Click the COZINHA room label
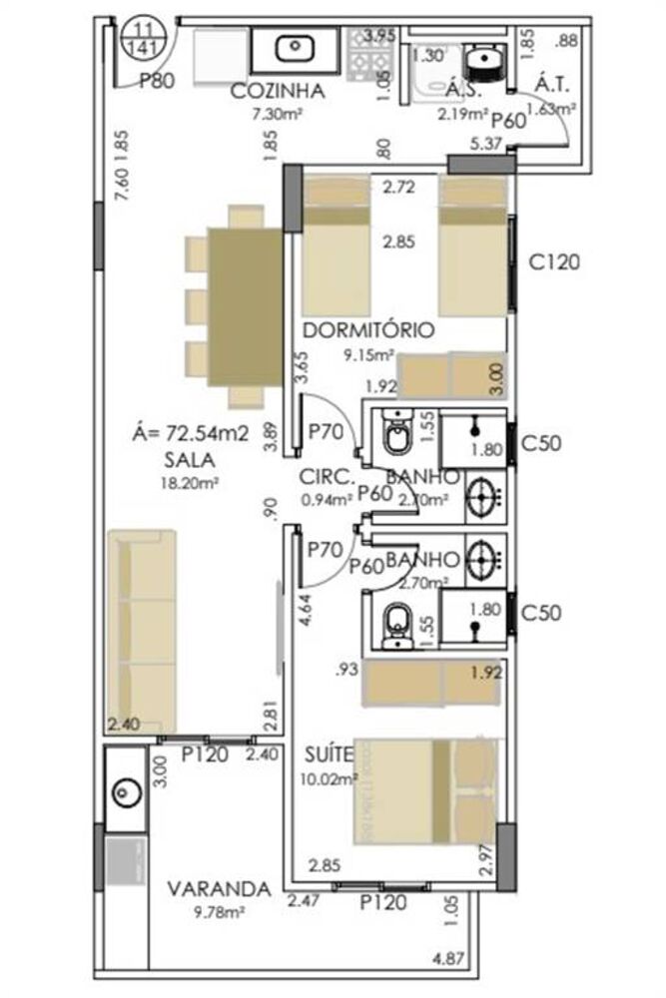278,91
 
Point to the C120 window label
555,263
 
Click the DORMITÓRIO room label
366,329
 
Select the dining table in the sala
245,306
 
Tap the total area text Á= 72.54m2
191,434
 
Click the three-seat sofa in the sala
142,633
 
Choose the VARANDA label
219,888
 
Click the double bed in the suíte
424,788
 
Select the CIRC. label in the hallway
321,476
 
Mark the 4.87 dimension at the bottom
450,960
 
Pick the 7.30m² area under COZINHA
278,114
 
